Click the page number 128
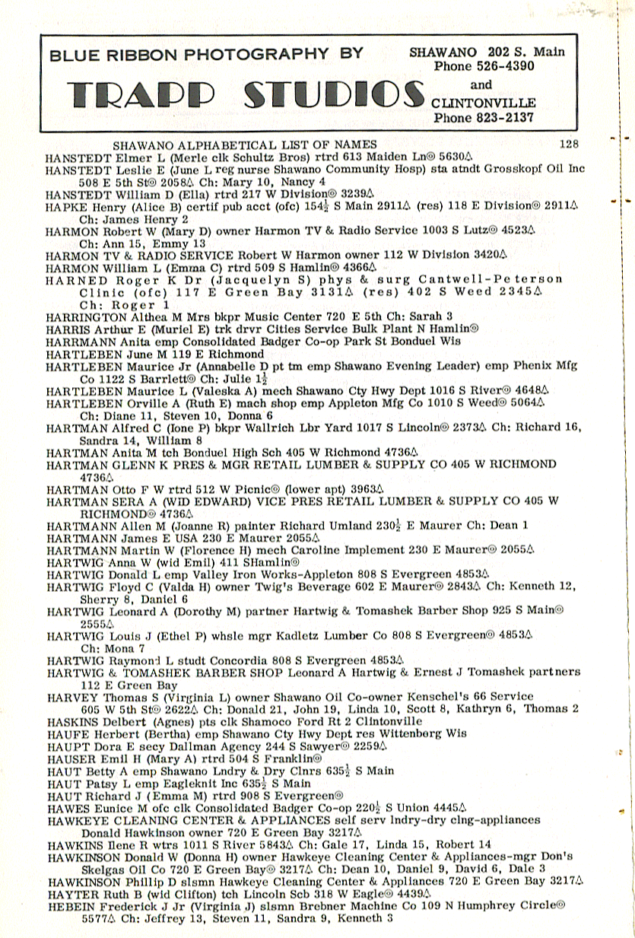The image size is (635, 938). point(568,143)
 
